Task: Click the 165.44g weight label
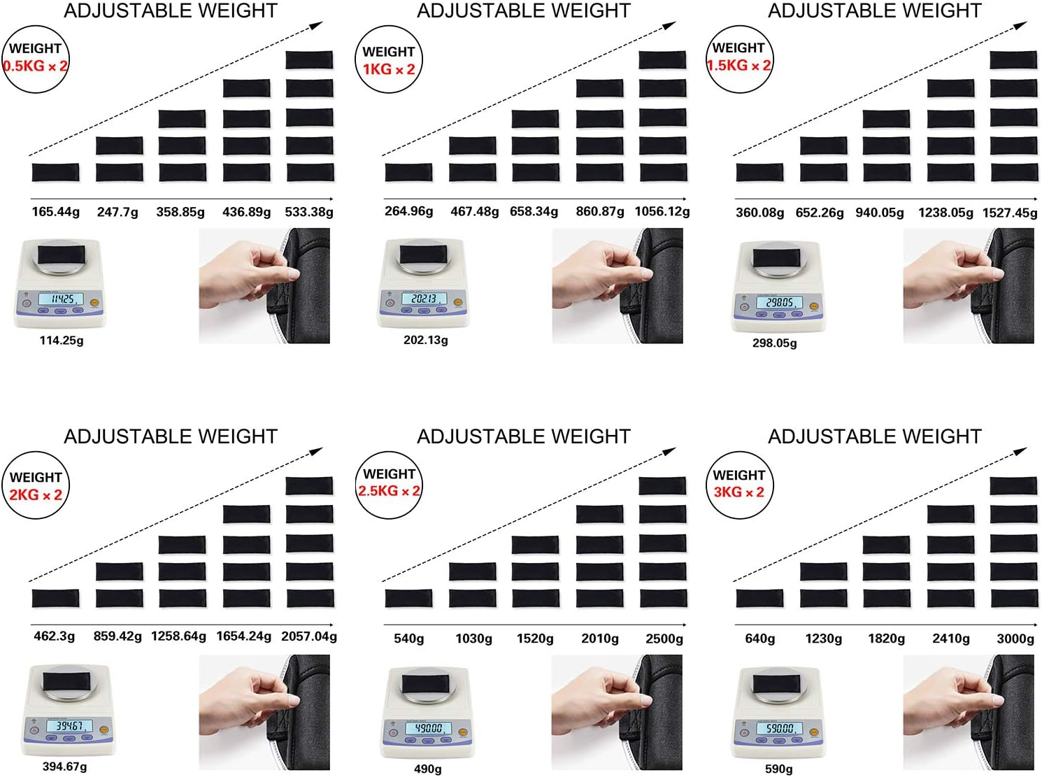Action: (55, 212)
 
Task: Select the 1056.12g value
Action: (662, 211)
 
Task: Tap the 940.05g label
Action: (880, 213)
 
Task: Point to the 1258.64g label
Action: (178, 636)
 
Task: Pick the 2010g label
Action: (600, 639)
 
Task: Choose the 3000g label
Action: (1015, 639)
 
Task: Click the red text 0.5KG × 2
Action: (35, 66)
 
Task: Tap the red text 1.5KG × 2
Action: (739, 65)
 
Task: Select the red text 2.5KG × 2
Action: (389, 491)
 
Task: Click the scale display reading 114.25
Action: (61, 299)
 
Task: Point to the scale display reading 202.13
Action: (424, 299)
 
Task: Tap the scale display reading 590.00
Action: (780, 728)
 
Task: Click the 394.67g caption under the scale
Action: (64, 767)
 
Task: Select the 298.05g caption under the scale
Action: (774, 343)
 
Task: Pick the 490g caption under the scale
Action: (427, 769)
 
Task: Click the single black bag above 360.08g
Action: (759, 172)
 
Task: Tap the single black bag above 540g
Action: (408, 598)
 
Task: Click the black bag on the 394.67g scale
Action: (66, 682)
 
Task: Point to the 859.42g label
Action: (117, 636)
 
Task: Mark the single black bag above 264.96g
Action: (408, 172)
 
